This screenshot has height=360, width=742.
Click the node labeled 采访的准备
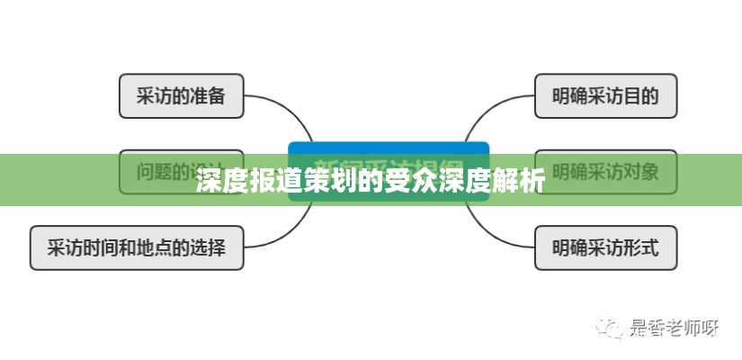[181, 96]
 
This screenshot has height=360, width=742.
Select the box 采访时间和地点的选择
[136, 247]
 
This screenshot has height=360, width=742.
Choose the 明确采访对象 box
[605, 170]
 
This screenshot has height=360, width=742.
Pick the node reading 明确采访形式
[605, 247]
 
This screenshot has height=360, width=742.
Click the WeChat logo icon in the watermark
[613, 327]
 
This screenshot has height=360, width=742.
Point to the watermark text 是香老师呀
[675, 328]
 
